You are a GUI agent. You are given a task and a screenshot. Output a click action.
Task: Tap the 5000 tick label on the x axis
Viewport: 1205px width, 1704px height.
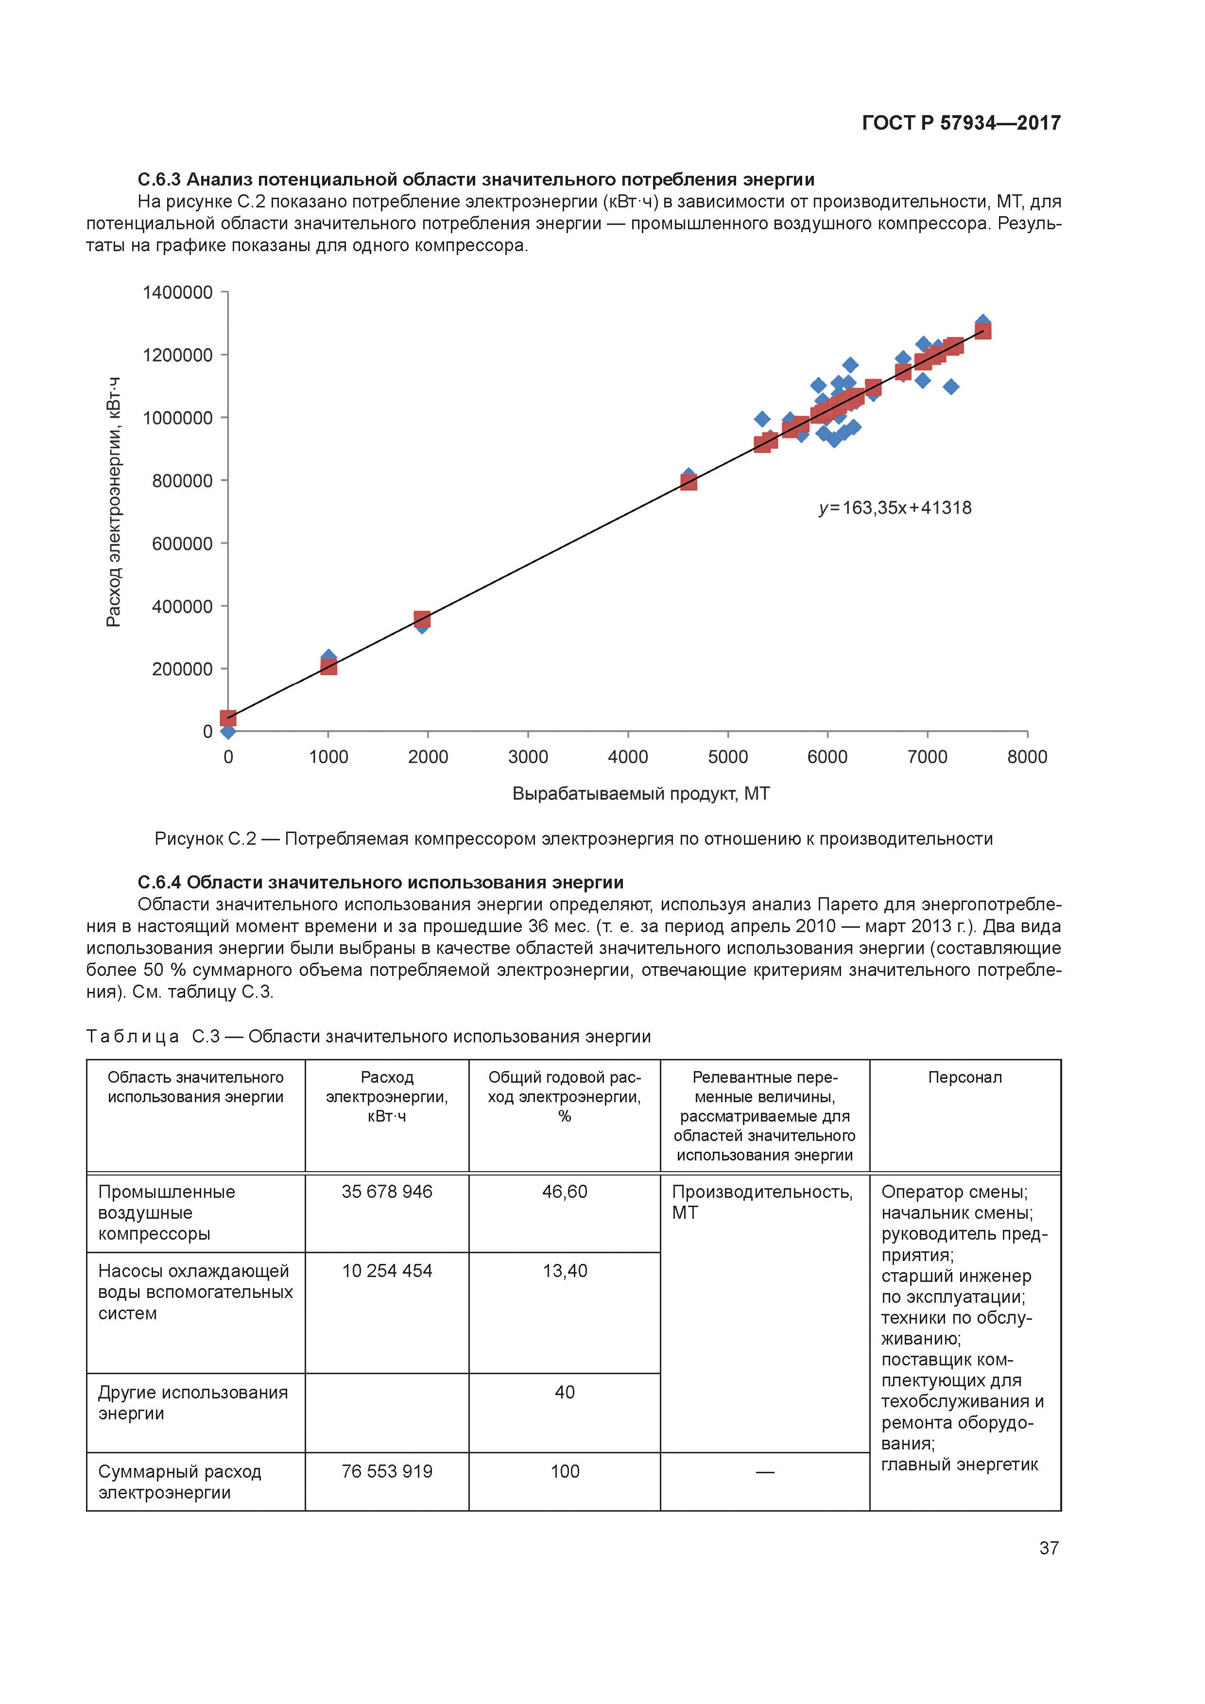[727, 757]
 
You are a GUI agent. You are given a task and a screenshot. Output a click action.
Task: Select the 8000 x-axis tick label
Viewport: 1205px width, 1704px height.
[1027, 757]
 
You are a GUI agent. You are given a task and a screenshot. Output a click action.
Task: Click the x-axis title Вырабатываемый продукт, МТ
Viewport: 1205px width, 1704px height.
[641, 794]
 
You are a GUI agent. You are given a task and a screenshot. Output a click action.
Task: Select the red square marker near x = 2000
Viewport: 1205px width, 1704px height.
[422, 618]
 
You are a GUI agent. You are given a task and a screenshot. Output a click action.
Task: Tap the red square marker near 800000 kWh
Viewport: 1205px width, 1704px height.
[688, 482]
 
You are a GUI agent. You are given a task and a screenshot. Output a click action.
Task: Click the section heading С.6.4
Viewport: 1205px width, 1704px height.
[380, 883]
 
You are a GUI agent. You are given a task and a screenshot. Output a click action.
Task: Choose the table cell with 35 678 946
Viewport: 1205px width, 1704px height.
[387, 1192]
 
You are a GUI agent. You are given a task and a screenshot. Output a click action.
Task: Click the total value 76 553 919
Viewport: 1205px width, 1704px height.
[387, 1472]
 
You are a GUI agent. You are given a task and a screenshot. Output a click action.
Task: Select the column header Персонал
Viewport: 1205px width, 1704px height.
[964, 1077]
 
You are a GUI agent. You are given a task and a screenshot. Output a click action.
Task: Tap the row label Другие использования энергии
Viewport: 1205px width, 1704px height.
[193, 1403]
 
